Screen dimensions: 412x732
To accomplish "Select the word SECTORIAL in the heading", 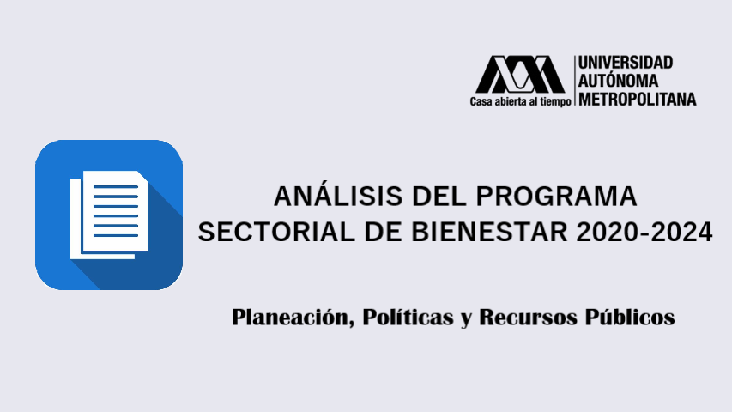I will coord(268,232).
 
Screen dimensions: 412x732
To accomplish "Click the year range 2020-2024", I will coord(638,232).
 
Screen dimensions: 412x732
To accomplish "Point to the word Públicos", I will coord(630,318).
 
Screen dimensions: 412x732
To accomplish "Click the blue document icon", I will coord(109,215).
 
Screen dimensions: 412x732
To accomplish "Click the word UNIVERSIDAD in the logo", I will coord(626,63).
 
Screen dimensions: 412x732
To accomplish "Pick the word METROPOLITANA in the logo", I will coord(638,99).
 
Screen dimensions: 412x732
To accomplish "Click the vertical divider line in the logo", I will coord(574,81).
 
